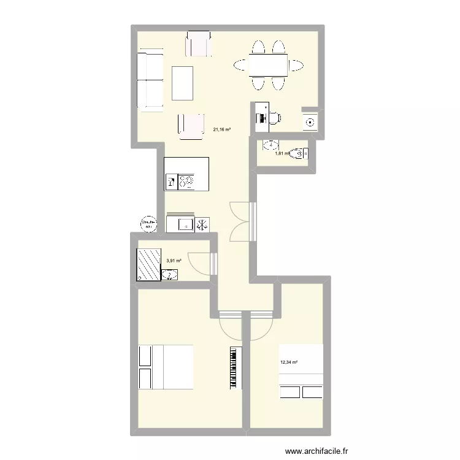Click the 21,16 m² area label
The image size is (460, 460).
pos(221,129)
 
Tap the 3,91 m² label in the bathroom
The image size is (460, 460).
pos(174,261)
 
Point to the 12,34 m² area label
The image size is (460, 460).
pos(288,362)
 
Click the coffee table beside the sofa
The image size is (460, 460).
pos(182,83)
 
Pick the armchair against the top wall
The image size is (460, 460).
pos(198,43)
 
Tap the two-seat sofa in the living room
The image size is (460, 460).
pos(150,82)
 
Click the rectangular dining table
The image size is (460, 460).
pos(269,64)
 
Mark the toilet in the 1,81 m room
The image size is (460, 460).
pos(299,152)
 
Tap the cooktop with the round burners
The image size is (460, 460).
pos(187,182)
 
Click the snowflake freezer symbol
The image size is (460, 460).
pos(202,225)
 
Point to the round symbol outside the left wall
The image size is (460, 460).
pos(148,224)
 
